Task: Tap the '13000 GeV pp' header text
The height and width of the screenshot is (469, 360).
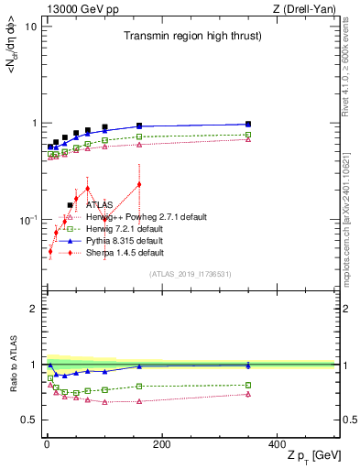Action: (x=77, y=8)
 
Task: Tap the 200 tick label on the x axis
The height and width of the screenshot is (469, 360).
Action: (x=161, y=444)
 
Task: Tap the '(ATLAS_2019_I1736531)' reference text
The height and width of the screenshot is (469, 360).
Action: (x=191, y=274)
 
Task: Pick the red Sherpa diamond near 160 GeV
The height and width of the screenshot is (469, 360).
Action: (x=139, y=184)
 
